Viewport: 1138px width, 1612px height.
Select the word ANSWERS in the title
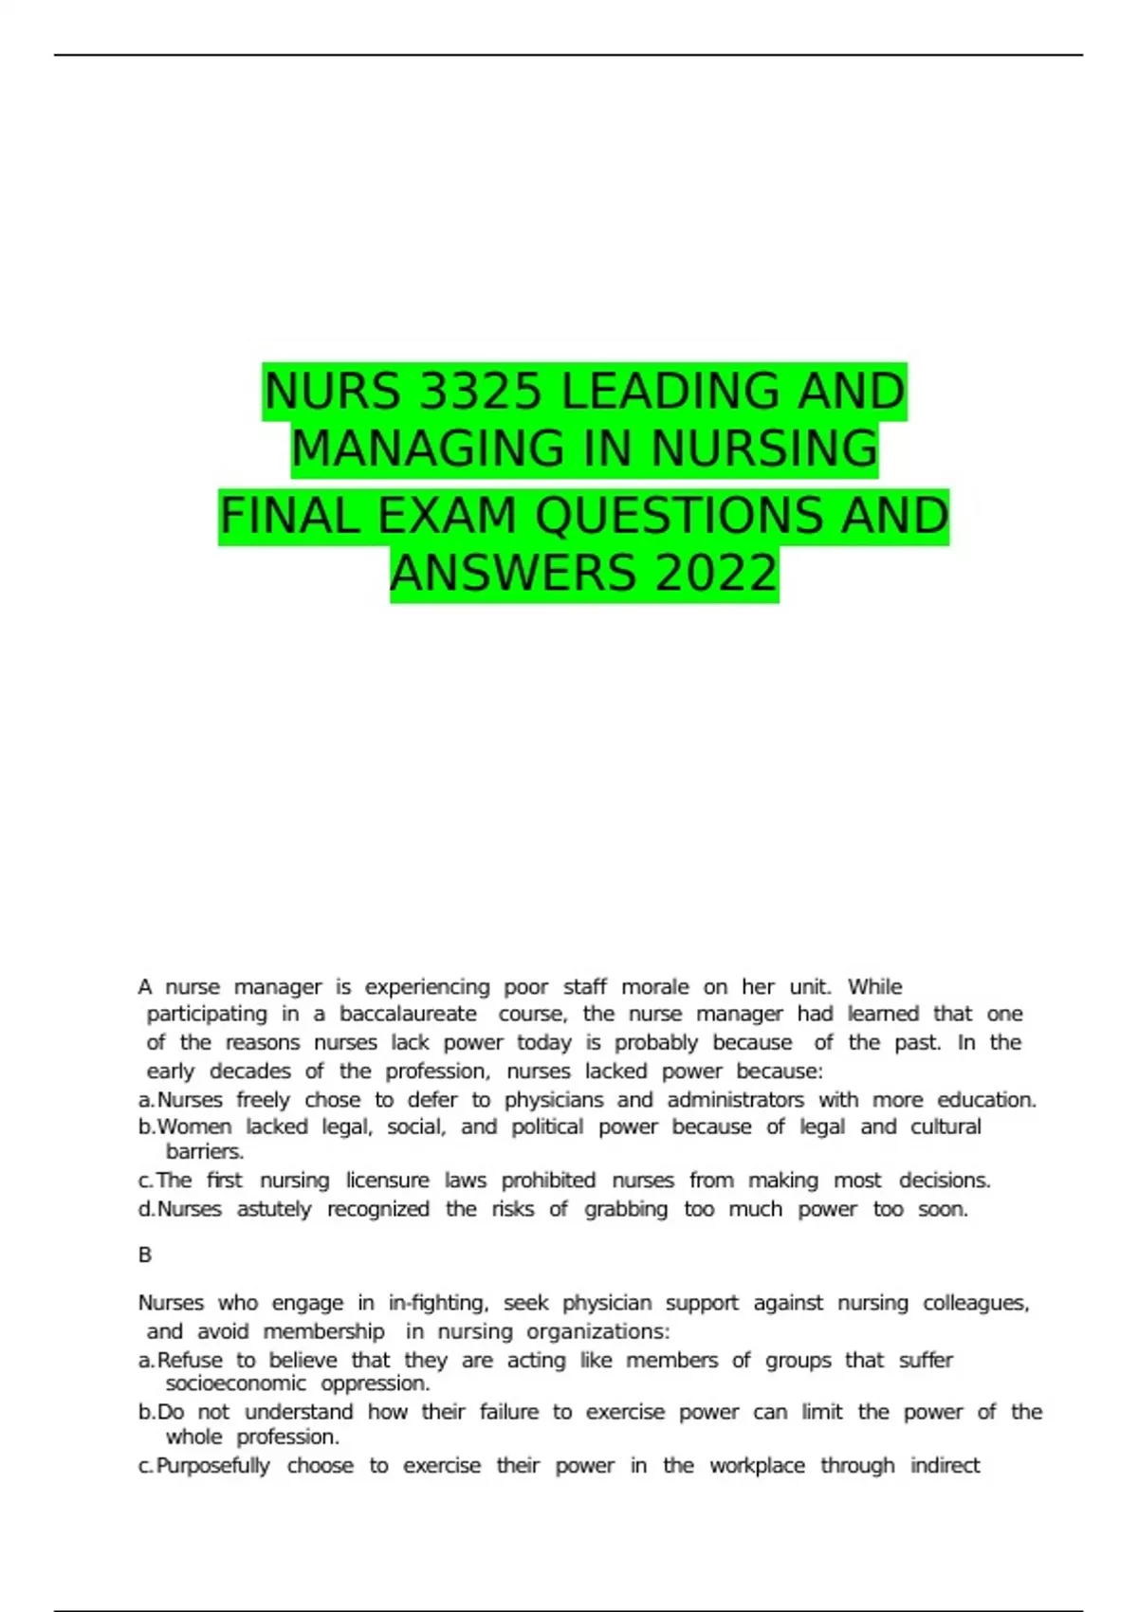click(x=513, y=575)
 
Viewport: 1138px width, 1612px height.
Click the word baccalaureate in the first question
click(x=409, y=1015)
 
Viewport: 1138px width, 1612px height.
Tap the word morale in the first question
click(x=655, y=987)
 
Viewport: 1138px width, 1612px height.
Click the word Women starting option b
click(x=194, y=1127)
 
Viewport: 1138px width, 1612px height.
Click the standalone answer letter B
click(x=145, y=1255)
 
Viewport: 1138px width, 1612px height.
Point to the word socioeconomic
click(x=236, y=1384)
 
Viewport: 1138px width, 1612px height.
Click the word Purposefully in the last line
click(x=213, y=1466)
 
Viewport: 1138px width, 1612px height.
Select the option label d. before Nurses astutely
click(x=146, y=1210)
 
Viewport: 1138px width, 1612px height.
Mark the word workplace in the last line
click(x=757, y=1466)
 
